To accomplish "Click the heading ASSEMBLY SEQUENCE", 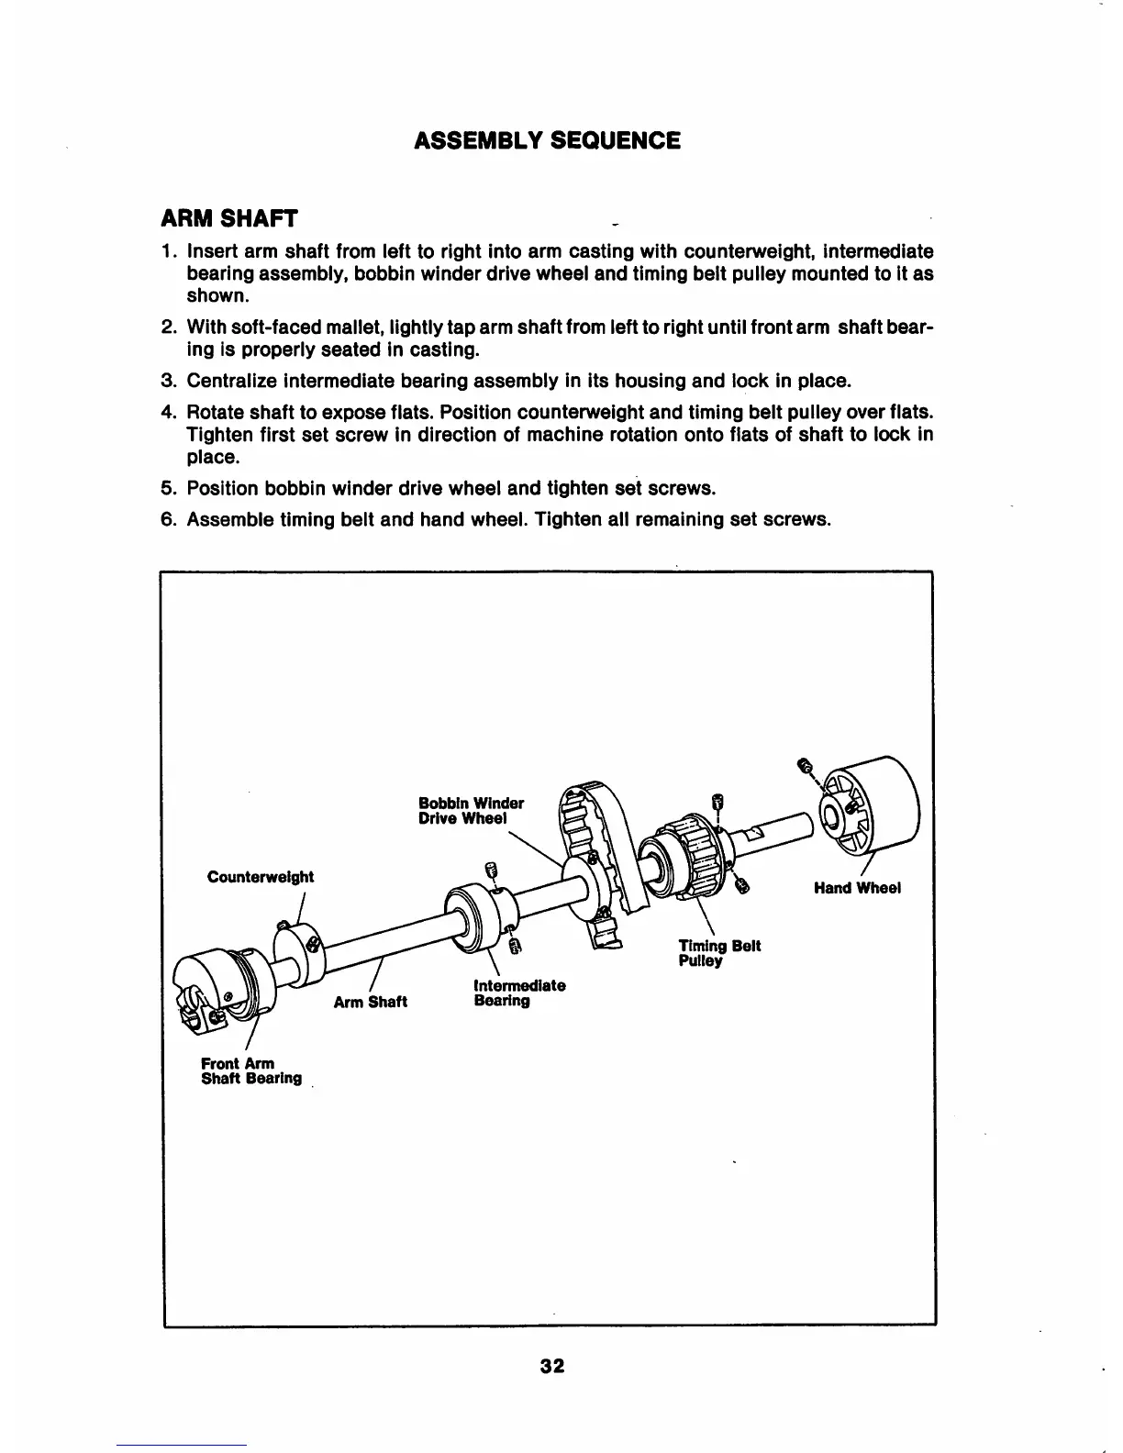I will click(547, 140).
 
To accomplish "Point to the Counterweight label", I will click(261, 877).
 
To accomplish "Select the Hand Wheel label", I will click(857, 888).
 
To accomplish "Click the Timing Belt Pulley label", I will click(718, 953).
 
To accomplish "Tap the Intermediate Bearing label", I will click(518, 993).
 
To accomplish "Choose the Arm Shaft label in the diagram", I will click(370, 1002).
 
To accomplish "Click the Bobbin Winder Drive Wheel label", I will click(471, 811).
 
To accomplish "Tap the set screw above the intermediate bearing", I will click(492, 871).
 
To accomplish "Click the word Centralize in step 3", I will click(231, 381).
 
